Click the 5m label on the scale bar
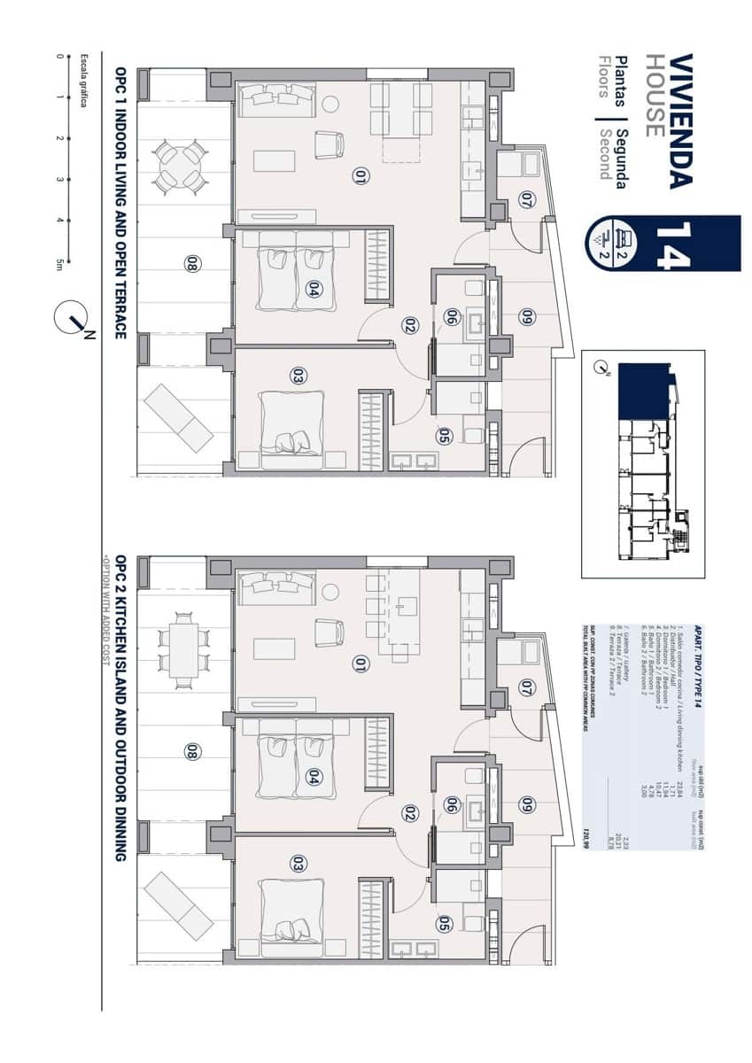click(59, 264)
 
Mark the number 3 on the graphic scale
click(59, 180)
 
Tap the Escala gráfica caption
click(85, 80)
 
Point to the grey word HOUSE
click(654, 96)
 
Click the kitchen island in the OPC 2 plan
click(405, 612)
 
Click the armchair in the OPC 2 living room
click(329, 632)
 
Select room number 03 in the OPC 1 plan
click(298, 376)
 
